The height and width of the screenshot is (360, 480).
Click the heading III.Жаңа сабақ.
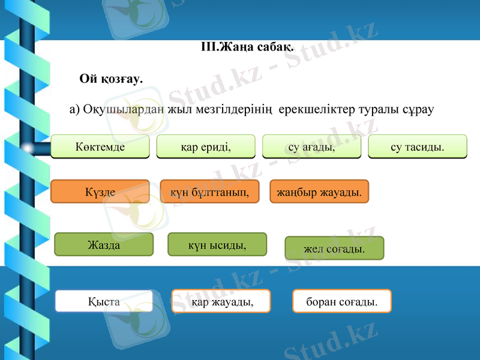pyautogui.click(x=247, y=47)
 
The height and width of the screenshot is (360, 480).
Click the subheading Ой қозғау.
pyautogui.click(x=111, y=79)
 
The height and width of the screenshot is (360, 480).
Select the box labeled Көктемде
pyautogui.click(x=100, y=146)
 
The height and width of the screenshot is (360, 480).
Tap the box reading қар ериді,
pyautogui.click(x=206, y=146)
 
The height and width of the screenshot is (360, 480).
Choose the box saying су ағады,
pyautogui.click(x=312, y=146)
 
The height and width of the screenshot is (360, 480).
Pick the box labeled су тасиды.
pyautogui.click(x=417, y=146)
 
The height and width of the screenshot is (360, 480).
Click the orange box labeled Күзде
pyautogui.click(x=100, y=191)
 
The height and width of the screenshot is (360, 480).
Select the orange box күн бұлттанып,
pyautogui.click(x=209, y=191)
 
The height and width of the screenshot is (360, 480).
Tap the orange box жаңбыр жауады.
pyautogui.click(x=319, y=191)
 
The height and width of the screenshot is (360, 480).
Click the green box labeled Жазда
pyautogui.click(x=104, y=245)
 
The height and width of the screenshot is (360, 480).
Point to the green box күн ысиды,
pyautogui.click(x=217, y=245)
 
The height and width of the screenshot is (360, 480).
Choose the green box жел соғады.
pyautogui.click(x=334, y=248)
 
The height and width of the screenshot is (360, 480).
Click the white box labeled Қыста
pyautogui.click(x=104, y=301)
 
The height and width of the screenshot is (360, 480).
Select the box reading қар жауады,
pyautogui.click(x=221, y=301)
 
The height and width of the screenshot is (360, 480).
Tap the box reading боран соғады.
pyautogui.click(x=342, y=301)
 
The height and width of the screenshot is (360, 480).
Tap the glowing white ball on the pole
pyautogui.click(x=27, y=147)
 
